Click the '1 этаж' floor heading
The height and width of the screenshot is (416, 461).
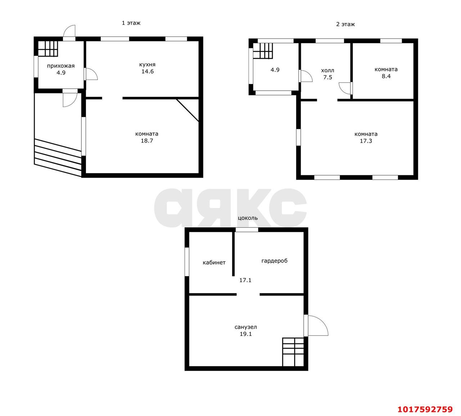[x=131, y=23]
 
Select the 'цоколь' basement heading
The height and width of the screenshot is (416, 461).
[x=248, y=218]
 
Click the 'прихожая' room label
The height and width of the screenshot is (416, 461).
[x=61, y=66]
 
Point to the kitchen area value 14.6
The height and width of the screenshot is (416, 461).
[x=148, y=72]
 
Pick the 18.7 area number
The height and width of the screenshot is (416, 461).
[x=147, y=141]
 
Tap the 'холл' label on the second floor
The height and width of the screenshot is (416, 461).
[x=327, y=70]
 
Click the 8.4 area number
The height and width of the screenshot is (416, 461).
[x=386, y=76]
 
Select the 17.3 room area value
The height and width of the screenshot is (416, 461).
[x=366, y=141]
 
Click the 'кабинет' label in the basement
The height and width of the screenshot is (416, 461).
[x=214, y=262]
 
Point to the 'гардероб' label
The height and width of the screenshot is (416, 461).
[x=274, y=261]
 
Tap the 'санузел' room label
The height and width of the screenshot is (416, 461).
[x=246, y=327]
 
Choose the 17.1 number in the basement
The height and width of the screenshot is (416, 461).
[x=245, y=280]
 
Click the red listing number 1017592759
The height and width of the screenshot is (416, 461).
[x=425, y=409]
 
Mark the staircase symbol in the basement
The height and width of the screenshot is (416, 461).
[x=293, y=352]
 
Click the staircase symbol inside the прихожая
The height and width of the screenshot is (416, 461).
[x=48, y=49]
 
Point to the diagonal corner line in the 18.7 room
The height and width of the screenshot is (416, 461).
[x=188, y=110]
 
